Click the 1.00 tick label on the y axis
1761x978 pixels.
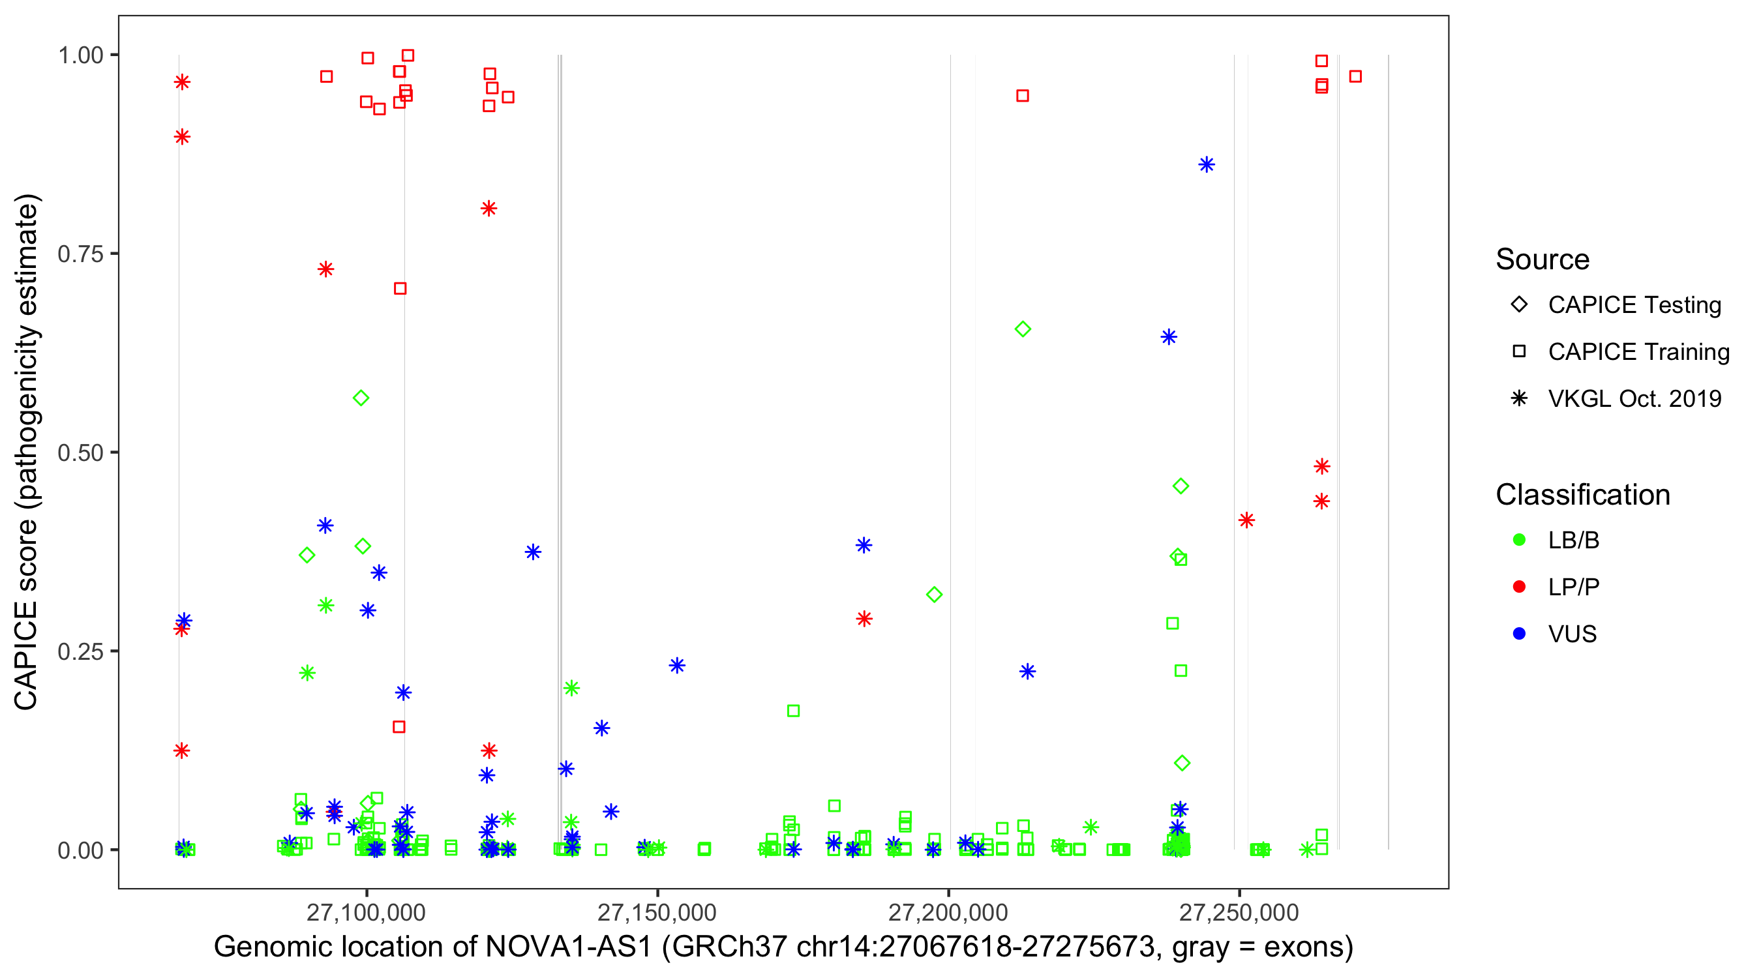tap(80, 55)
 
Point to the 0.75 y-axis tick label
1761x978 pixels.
tap(80, 254)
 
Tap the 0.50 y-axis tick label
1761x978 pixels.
tap(80, 452)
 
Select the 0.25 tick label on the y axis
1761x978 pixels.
tap(80, 651)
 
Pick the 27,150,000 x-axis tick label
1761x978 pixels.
tap(657, 912)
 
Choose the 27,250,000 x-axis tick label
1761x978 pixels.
tap(1239, 912)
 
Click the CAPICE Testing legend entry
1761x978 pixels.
tap(1634, 305)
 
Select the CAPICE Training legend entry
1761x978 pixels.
tap(1638, 352)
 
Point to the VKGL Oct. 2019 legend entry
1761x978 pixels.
tap(1634, 399)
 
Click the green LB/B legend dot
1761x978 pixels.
tap(1519, 540)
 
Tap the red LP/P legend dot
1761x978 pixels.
tap(1519, 587)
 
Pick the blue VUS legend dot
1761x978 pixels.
tap(1519, 634)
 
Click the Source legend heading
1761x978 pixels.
tap(1543, 259)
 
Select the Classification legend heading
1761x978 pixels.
tap(1582, 495)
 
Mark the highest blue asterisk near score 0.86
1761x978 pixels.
tap(1207, 165)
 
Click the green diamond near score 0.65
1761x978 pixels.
tap(1023, 329)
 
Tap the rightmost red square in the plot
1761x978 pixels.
tap(1355, 76)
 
